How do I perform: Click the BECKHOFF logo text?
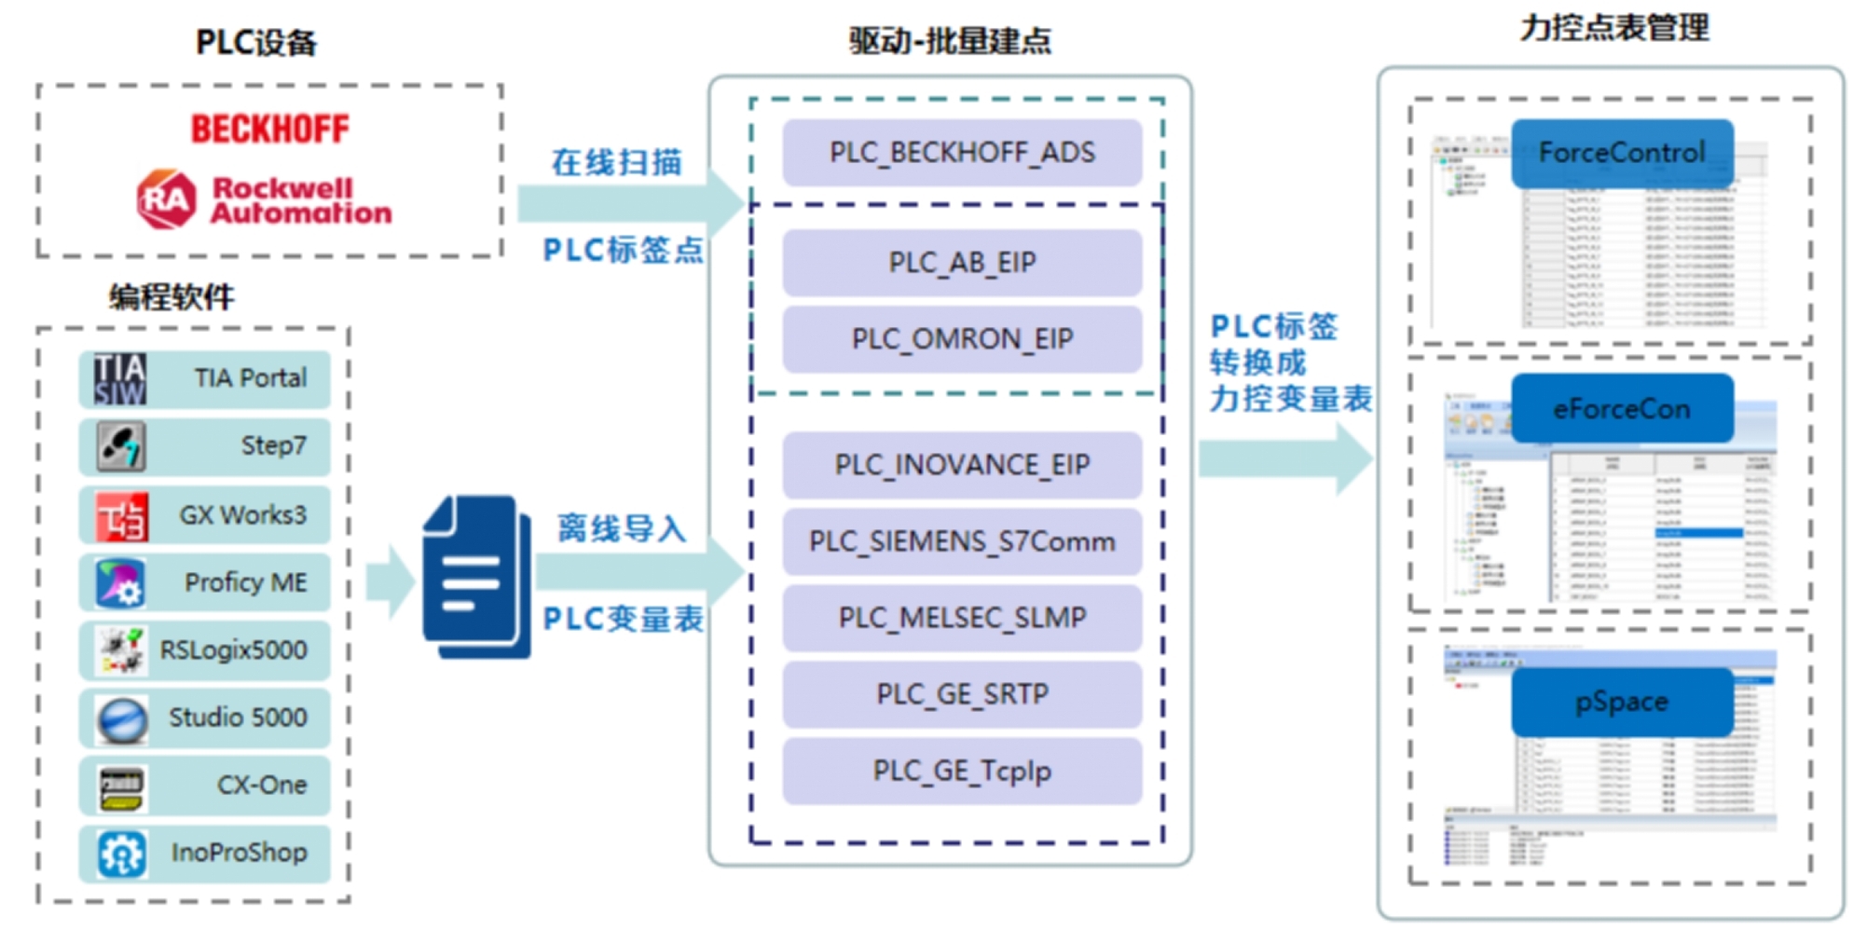tap(269, 129)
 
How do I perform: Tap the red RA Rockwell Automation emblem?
tap(167, 199)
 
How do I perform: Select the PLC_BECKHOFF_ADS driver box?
tap(962, 152)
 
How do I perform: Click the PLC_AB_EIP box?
tap(962, 262)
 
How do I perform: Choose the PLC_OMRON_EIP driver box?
tap(962, 338)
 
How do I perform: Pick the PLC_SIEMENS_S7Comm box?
tap(962, 541)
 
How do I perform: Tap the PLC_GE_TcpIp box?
tap(962, 771)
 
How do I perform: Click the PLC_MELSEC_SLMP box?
tap(962, 618)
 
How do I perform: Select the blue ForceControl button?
tap(1622, 153)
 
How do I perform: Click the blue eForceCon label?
tap(1622, 408)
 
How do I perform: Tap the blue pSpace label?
tap(1622, 702)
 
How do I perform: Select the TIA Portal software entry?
tap(205, 378)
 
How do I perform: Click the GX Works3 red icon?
tap(122, 515)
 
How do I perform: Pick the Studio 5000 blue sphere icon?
tap(122, 718)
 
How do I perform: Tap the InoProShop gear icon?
tap(122, 854)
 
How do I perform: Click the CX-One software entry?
tap(205, 786)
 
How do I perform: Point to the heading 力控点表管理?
tap(1614, 28)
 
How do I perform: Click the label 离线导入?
tap(622, 528)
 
